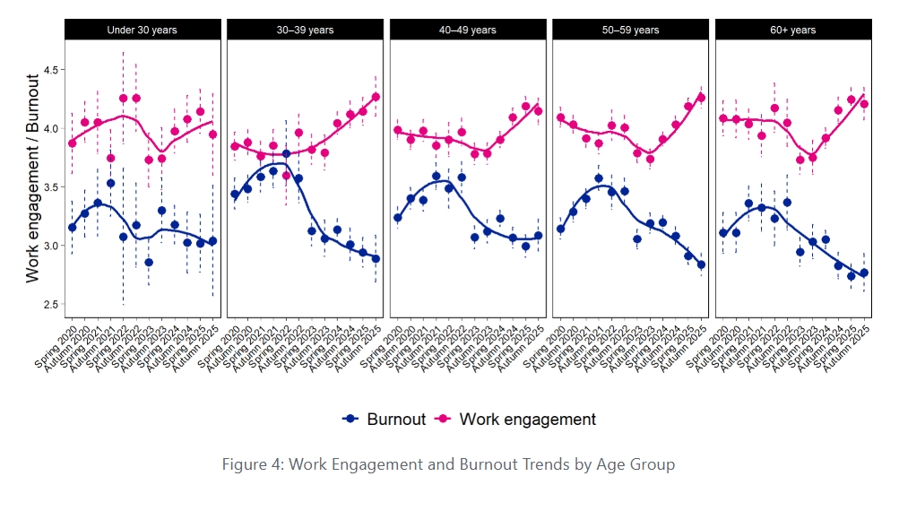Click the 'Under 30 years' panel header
(142, 30)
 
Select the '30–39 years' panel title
(305, 30)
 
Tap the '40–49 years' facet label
(467, 30)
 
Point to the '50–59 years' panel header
(630, 30)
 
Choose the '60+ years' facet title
(792, 30)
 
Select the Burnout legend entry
(385, 419)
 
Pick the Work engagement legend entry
(515, 419)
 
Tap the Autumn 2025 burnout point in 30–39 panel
(376, 259)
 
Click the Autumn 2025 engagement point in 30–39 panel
(376, 97)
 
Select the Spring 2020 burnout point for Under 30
(73, 228)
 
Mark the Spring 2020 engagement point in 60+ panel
(723, 117)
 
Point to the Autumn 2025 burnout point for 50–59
(701, 264)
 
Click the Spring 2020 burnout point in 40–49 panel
(398, 218)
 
